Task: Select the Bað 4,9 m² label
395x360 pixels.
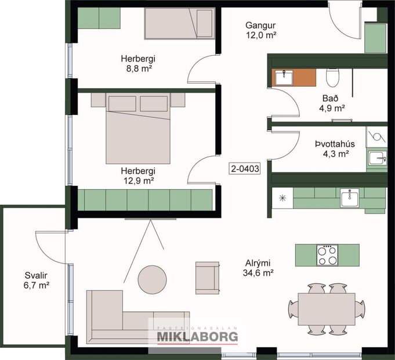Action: (x=332, y=103)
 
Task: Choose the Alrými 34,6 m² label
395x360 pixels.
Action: (x=259, y=267)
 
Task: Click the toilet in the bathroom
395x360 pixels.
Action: (x=333, y=77)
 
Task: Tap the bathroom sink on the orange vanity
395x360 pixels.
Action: (x=284, y=77)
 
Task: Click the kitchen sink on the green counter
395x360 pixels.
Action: (x=350, y=198)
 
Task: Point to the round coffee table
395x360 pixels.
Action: (x=153, y=279)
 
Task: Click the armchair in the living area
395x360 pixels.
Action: (x=207, y=277)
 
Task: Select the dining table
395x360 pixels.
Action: (x=327, y=308)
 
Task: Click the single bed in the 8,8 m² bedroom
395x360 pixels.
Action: (x=180, y=23)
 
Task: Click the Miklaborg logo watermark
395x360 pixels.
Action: (x=197, y=336)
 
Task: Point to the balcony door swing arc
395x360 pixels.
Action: (x=49, y=244)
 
